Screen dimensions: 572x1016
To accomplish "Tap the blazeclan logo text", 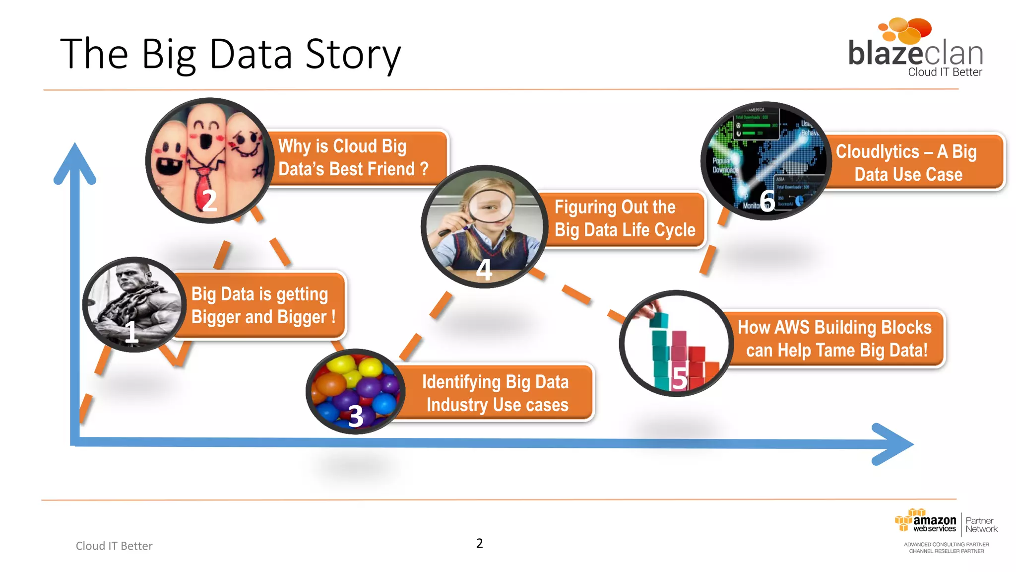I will point(915,53).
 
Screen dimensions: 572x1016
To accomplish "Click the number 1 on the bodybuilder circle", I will point(131,332).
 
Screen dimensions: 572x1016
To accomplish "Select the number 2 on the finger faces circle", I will point(209,201).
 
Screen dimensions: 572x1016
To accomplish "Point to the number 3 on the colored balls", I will point(356,416).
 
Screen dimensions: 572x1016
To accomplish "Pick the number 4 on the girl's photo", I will point(484,270).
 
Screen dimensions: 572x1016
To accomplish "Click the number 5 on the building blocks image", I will point(679,379).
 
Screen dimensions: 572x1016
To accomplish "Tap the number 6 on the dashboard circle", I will point(767,201).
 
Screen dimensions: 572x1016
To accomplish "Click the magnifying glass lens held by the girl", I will point(491,206).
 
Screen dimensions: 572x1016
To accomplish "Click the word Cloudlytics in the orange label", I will point(877,151).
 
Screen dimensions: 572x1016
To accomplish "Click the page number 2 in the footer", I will point(479,543).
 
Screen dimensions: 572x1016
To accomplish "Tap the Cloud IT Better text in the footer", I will point(114,546).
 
